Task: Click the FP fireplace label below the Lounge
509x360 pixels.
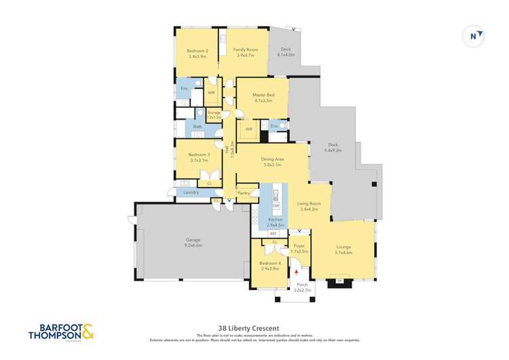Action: tap(338, 278)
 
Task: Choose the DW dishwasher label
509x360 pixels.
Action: tap(276, 205)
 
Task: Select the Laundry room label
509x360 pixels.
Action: tap(191, 193)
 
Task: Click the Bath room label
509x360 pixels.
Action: tap(197, 126)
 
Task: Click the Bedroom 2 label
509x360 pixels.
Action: tap(197, 50)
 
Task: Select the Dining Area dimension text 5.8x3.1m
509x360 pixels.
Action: tap(271, 165)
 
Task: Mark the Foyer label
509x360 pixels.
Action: tap(299, 246)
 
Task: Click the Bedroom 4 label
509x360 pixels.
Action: tap(270, 263)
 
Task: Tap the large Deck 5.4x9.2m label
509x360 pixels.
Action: tap(332, 145)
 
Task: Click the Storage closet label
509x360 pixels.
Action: tap(214, 112)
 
